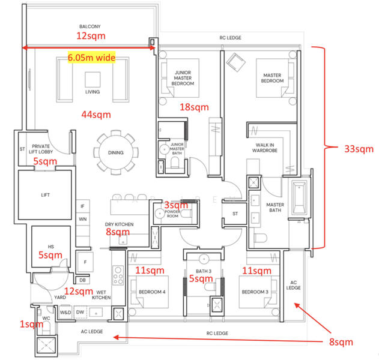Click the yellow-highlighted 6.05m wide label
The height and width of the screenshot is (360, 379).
tap(92, 58)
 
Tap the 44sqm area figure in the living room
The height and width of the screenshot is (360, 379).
tap(96, 115)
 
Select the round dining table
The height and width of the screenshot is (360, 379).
tap(116, 152)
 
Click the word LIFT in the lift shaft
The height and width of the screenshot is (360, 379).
tap(46, 195)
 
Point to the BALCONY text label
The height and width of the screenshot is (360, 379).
tap(90, 26)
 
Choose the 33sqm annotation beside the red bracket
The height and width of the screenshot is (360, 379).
tap(359, 149)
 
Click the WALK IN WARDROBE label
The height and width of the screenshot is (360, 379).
tap(265, 148)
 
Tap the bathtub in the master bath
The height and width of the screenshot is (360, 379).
tap(299, 198)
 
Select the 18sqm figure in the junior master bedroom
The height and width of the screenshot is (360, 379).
tap(194, 107)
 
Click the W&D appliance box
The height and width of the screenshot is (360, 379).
tap(65, 313)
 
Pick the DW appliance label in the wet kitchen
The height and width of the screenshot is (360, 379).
tap(80, 312)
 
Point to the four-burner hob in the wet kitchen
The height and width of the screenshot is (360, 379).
tap(118, 275)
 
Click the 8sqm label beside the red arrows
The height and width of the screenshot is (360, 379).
tap(341, 342)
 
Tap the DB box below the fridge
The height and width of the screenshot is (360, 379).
tap(82, 280)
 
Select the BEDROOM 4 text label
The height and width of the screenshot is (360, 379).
tap(152, 292)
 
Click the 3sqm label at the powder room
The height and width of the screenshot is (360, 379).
tap(176, 205)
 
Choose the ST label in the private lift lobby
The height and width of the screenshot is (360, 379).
tap(22, 149)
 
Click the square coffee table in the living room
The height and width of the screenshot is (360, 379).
tap(92, 79)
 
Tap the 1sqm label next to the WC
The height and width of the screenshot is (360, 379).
tap(31, 324)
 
